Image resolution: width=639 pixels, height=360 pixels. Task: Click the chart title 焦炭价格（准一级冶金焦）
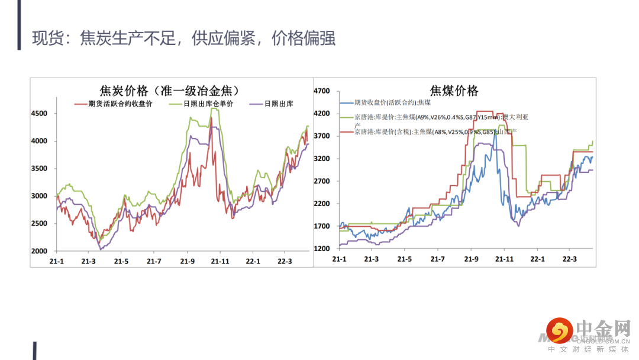(x=169, y=91)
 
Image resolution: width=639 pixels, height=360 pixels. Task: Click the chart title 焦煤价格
(x=454, y=91)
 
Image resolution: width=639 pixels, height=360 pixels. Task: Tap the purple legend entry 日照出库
(x=279, y=104)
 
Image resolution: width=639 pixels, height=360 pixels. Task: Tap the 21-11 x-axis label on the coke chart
(x=220, y=261)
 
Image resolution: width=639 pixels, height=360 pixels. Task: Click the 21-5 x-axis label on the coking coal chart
(x=405, y=259)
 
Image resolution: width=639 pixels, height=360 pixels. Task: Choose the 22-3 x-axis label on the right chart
(x=569, y=259)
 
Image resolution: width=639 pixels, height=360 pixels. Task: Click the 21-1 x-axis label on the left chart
(x=56, y=261)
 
